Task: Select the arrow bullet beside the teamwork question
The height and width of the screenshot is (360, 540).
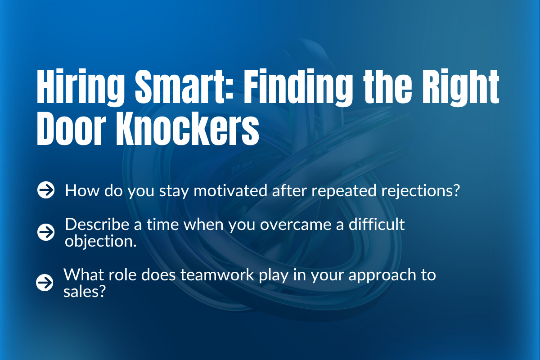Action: point(45,283)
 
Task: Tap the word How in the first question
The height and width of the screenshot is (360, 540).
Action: point(77,191)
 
